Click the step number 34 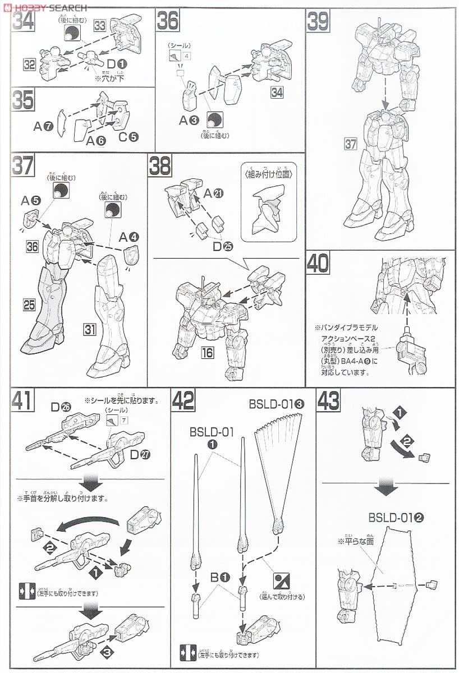coord(22,23)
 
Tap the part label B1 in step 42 coord(221,577)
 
